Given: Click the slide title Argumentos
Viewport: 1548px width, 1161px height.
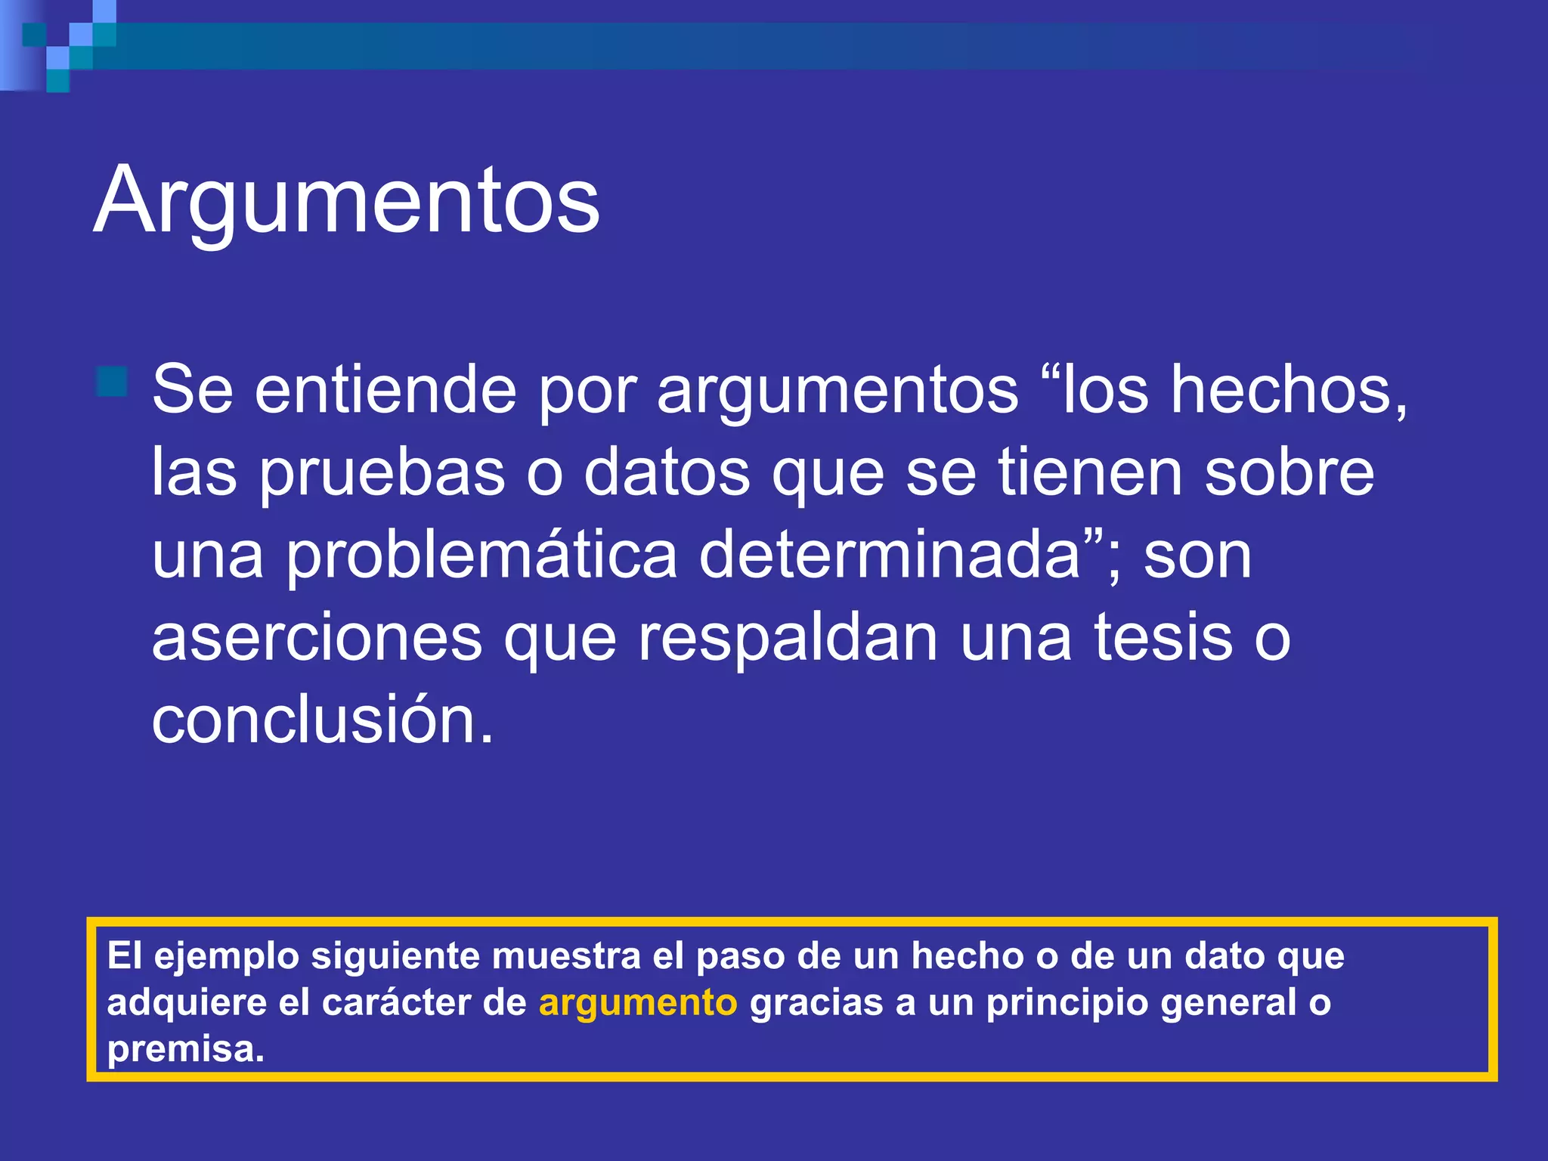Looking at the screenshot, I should coord(346,201).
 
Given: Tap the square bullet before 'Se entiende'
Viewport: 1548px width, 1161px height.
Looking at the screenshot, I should coord(112,381).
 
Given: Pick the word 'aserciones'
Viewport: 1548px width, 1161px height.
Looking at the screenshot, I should coord(317,638).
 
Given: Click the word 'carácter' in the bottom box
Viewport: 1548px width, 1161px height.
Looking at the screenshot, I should coord(397,1003).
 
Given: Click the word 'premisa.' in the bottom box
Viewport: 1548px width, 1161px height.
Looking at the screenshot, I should coord(186,1050).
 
